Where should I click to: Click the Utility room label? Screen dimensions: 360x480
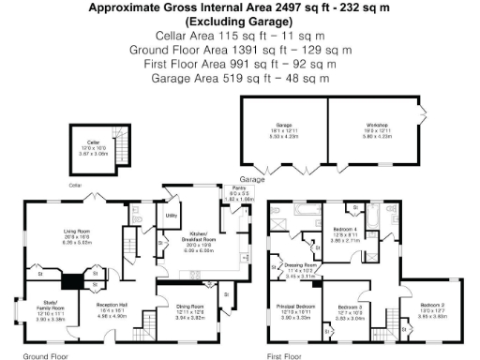tap(172, 216)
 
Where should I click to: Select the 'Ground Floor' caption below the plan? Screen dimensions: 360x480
tap(43, 356)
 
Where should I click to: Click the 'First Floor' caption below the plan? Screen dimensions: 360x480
tap(287, 356)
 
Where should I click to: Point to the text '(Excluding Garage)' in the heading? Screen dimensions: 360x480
tap(240, 21)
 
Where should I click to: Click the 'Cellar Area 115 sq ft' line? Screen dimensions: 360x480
tap(240, 35)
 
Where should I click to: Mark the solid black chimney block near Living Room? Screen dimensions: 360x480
tap(71, 280)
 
